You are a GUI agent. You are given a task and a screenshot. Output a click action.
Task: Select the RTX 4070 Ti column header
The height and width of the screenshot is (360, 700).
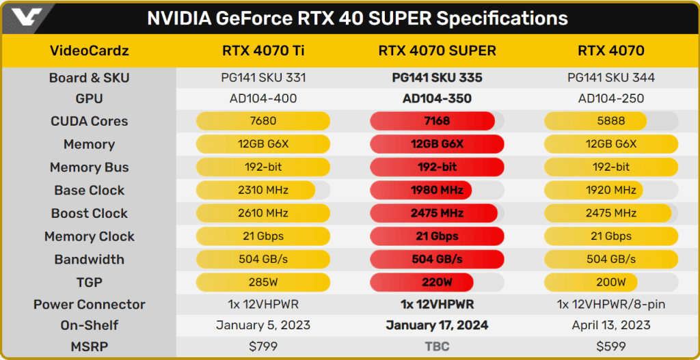[262, 51]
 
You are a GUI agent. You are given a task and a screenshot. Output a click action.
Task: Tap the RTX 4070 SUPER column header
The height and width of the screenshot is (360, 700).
[437, 51]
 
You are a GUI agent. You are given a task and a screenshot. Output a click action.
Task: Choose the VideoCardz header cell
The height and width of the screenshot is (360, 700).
[90, 51]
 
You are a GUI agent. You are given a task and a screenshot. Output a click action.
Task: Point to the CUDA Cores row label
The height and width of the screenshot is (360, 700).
[90, 121]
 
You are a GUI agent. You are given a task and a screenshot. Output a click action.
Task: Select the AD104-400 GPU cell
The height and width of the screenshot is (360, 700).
[262, 98]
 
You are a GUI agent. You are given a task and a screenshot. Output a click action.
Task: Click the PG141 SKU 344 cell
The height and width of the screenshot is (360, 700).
[610, 77]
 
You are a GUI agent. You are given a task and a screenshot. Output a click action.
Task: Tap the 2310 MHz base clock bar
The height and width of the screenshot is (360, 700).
[256, 190]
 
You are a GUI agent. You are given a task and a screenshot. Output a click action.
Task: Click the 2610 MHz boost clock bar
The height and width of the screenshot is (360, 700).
[262, 213]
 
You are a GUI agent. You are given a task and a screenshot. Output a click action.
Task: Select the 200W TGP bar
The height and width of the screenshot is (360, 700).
[591, 282]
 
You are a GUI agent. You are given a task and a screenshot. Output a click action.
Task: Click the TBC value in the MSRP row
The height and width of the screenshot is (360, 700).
[437, 346]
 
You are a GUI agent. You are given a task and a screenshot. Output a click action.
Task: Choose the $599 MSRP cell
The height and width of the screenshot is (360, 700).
[610, 346]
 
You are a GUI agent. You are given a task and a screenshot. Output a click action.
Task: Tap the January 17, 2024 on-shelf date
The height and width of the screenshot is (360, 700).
[437, 325]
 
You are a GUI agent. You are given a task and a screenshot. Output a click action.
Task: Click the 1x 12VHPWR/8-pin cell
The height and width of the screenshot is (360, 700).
[610, 305]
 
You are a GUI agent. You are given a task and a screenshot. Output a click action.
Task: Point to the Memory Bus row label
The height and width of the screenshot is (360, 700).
[90, 167]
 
